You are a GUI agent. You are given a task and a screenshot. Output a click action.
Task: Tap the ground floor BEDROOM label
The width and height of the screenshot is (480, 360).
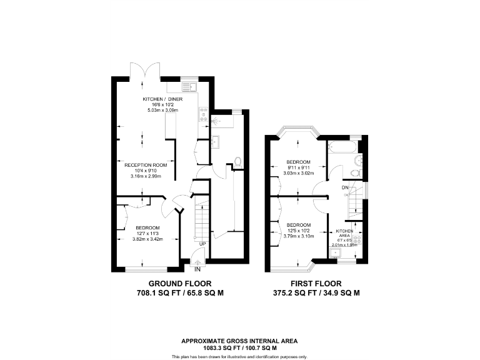tap(147, 227)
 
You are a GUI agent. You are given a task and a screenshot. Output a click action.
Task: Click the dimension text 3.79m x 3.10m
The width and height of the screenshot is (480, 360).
tap(299, 236)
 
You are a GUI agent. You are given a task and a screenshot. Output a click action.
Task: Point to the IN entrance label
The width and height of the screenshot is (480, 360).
tap(197, 269)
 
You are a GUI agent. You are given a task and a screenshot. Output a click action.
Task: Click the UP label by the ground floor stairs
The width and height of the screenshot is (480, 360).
tap(202, 244)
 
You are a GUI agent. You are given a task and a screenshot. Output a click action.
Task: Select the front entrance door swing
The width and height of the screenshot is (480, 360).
tap(197, 256)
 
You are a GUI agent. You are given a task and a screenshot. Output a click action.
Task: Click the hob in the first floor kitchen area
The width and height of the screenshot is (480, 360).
tap(360, 237)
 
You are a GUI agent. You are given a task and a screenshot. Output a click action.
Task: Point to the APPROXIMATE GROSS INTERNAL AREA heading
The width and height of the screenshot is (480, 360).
tap(239, 341)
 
